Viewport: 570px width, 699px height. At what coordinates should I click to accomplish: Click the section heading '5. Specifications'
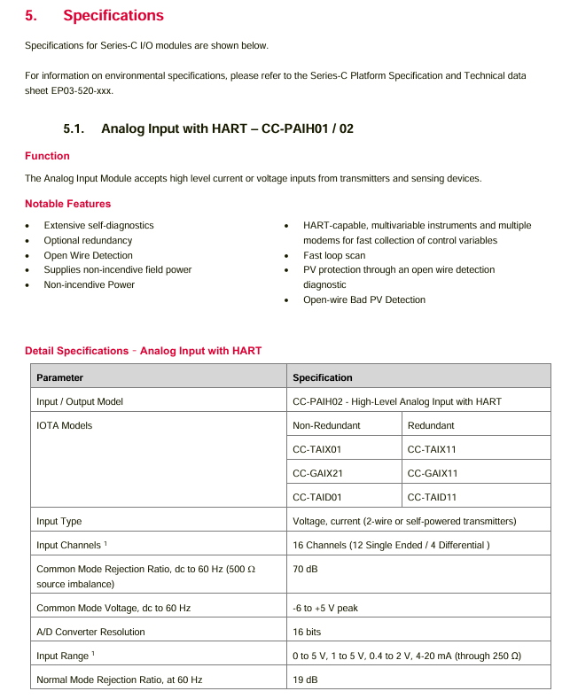coord(94,16)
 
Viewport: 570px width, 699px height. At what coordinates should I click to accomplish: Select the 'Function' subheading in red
coord(47,156)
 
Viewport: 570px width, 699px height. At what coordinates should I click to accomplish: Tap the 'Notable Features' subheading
coord(67,204)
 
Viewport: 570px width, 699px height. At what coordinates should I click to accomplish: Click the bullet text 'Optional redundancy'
coord(88,240)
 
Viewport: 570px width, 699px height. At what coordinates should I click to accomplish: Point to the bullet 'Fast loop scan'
coord(333,255)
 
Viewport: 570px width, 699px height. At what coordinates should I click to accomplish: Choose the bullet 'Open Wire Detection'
coord(88,255)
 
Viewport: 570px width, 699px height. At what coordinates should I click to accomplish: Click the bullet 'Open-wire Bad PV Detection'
coord(363,299)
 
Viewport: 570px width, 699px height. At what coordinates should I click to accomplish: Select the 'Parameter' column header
coord(59,377)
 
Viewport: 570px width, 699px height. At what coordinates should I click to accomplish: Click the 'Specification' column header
coord(322,377)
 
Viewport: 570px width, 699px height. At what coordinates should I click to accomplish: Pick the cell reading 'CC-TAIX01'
coord(316,449)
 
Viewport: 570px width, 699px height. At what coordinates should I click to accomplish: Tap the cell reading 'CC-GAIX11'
coord(432,473)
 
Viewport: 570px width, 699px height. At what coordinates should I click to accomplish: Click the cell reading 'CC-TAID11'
coord(432,497)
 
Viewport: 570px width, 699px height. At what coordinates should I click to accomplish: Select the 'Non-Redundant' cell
coord(326,425)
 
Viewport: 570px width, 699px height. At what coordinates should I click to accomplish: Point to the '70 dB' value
coord(305,569)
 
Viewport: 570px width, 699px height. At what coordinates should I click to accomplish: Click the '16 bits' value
coord(307,632)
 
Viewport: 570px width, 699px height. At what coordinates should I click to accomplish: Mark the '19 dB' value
coord(305,680)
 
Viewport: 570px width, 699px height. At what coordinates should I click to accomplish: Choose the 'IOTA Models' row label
coord(64,425)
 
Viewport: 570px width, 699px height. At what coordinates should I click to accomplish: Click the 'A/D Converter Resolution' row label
coord(90,632)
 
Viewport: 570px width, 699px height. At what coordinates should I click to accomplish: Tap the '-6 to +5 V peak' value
coord(325,608)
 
